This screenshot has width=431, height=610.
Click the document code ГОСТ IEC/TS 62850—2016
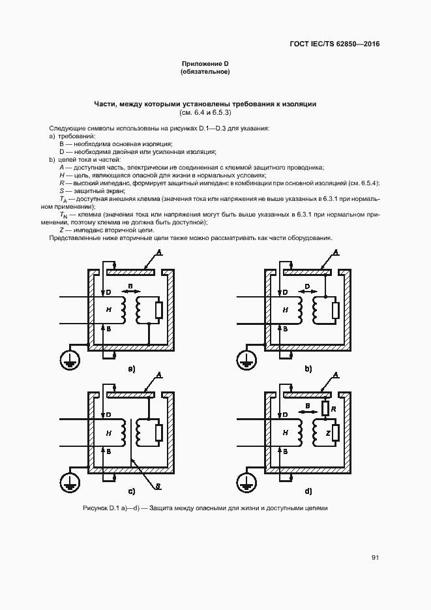[x=334, y=44]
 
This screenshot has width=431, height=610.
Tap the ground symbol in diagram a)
[x=68, y=358]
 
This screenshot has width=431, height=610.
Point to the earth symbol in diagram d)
[x=245, y=483]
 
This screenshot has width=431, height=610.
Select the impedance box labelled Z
[x=334, y=433]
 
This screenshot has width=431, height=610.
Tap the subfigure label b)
[x=308, y=369]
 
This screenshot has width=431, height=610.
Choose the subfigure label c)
[x=131, y=491]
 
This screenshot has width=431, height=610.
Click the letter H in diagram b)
[x=285, y=311]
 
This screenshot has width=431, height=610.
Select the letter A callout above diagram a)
[x=159, y=252]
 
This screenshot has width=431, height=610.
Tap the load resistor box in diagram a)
[x=158, y=311]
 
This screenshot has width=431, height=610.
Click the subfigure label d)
[x=308, y=491]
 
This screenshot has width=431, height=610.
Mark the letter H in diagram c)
[x=108, y=433]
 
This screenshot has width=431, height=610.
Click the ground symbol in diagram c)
[x=68, y=482]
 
